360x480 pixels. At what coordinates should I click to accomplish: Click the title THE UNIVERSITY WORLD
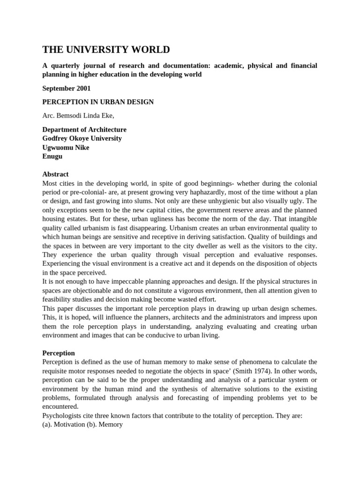pos(106,50)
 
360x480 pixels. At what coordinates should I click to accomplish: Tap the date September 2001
pos(66,88)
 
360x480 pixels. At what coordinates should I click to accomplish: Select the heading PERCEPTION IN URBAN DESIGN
pos(98,102)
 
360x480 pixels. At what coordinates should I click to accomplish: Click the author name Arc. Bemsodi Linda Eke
pos(78,116)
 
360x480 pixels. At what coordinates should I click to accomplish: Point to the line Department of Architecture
pos(84,129)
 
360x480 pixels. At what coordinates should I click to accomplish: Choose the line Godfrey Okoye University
pos(82,138)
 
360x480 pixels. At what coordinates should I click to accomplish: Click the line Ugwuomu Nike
pos(66,147)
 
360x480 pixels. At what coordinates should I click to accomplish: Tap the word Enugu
pos(52,156)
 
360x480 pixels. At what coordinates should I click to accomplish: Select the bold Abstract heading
pos(55,174)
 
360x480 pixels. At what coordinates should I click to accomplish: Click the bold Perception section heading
pos(59,352)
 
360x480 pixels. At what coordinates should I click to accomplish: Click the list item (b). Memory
pos(108,424)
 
